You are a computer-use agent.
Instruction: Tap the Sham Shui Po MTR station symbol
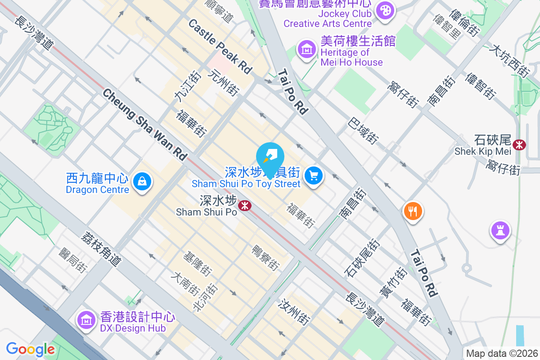coord(245,206)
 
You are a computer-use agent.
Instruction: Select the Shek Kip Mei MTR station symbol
coord(520,145)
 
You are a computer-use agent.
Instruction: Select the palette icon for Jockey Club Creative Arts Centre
coord(385,11)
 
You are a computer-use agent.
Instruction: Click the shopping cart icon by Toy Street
coord(314,176)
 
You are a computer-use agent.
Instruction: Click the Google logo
coord(30,349)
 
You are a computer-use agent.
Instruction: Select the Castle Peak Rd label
coord(220,46)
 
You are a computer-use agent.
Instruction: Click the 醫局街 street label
coord(72,260)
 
